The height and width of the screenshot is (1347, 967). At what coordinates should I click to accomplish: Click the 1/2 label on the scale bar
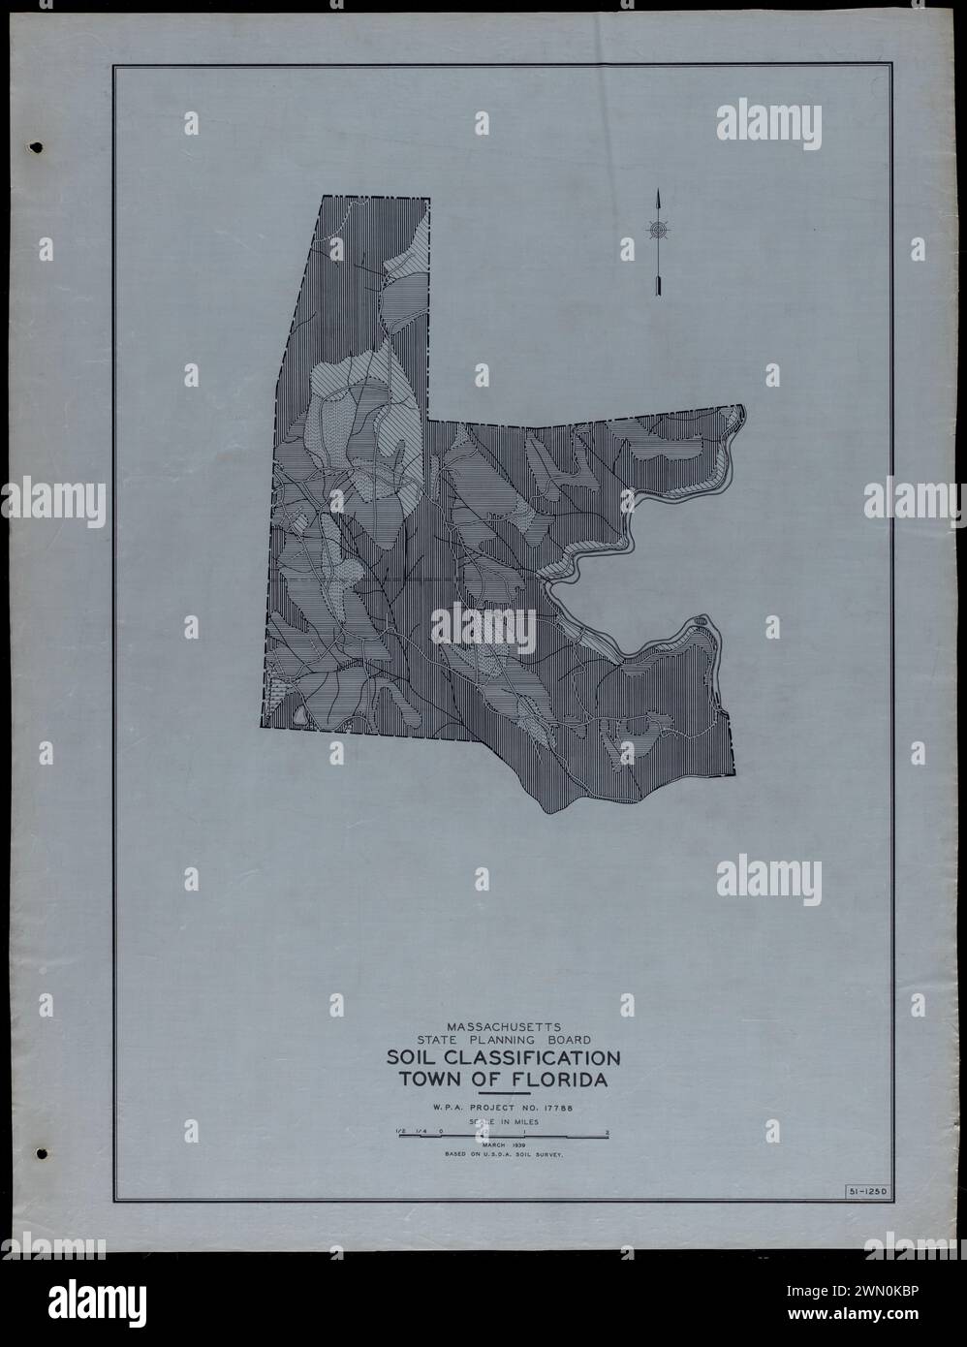399,1131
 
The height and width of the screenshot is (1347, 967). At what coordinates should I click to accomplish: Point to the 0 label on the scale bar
441,1131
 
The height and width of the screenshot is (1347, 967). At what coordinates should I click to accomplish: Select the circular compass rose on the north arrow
658,229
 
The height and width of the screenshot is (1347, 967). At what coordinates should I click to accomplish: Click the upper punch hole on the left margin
38,148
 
